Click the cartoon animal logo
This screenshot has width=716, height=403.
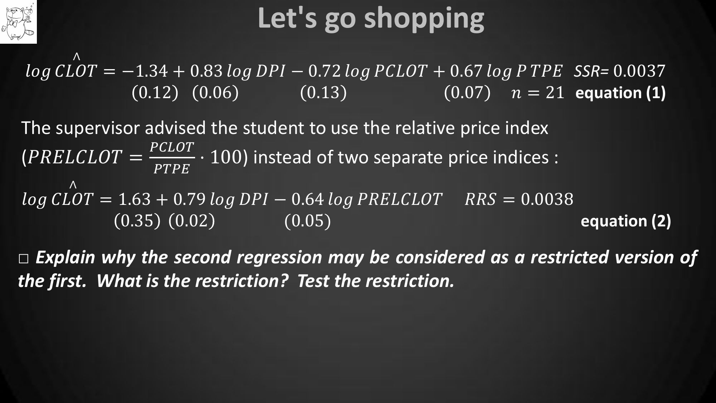click(x=18, y=21)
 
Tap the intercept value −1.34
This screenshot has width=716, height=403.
click(x=145, y=71)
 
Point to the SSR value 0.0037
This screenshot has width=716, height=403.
click(x=639, y=71)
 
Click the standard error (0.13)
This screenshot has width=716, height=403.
click(x=323, y=92)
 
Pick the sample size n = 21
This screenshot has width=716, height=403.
click(x=538, y=93)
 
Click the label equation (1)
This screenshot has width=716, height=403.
click(x=620, y=93)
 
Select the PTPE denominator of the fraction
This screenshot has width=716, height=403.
click(x=171, y=169)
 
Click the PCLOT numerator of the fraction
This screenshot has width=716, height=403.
click(x=172, y=147)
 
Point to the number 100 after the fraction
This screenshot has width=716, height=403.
click(x=226, y=157)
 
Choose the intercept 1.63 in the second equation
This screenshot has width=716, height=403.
click(x=135, y=199)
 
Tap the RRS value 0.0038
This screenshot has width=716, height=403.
click(x=547, y=199)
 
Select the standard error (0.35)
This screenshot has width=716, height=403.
click(x=137, y=221)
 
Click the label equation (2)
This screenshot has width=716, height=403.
click(x=626, y=221)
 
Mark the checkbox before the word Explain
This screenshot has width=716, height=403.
click(x=24, y=259)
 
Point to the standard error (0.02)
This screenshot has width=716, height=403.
click(x=192, y=221)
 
